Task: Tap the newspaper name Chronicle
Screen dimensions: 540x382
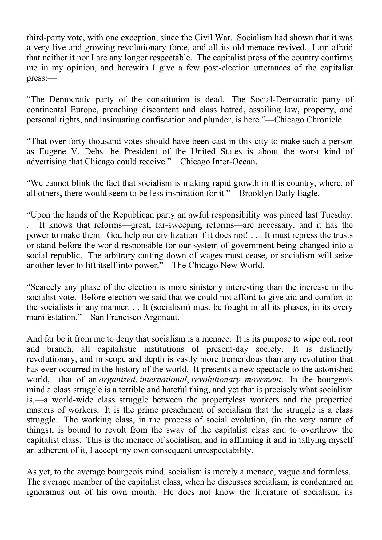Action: click(x=325, y=120)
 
